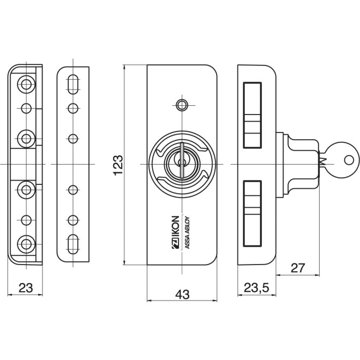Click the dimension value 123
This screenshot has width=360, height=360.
[118, 165]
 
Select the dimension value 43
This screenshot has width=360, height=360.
[182, 295]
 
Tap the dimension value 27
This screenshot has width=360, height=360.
[297, 267]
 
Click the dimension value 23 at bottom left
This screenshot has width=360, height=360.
[25, 288]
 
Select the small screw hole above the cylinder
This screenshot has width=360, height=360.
[182, 104]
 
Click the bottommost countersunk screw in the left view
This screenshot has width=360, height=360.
[25, 242]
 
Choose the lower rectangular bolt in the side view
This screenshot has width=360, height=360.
[253, 212]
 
